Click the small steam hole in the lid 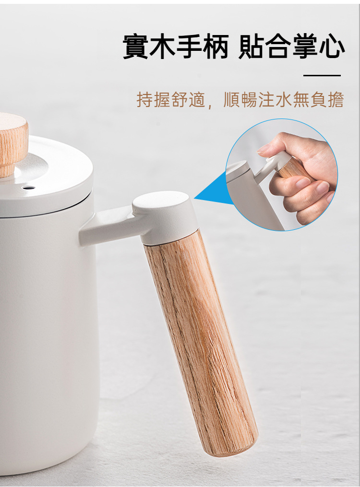click(28, 187)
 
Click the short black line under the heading click(322, 75)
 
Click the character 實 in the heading click(136, 47)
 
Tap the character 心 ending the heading click(331, 47)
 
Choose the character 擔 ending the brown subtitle click(336, 99)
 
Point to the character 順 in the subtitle click(232, 99)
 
